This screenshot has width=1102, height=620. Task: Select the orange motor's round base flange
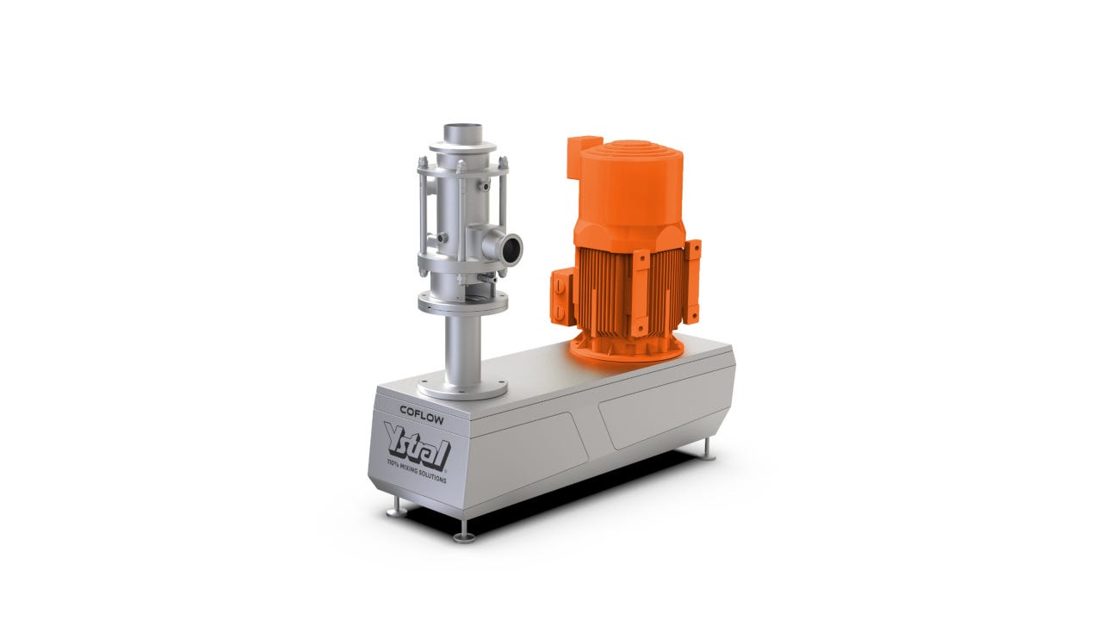[x=627, y=348]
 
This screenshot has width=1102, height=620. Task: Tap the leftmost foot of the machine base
[x=396, y=510]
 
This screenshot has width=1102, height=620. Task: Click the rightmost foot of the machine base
[x=708, y=451]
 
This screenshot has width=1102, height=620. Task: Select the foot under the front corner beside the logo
[x=464, y=535]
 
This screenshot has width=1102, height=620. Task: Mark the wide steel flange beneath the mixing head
[x=462, y=302]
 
